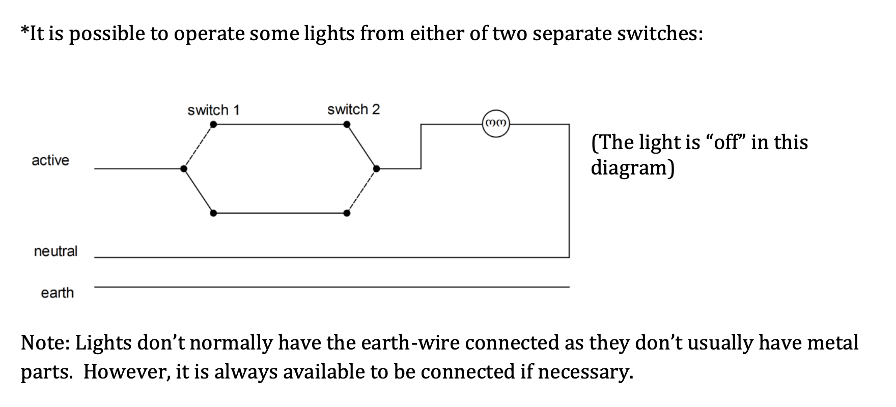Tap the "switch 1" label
point(213,110)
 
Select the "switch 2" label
point(353,109)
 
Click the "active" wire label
point(50,160)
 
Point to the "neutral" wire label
point(55,251)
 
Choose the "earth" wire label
point(57,293)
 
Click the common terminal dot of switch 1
point(184,168)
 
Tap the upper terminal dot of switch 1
point(213,124)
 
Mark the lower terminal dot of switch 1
point(213,213)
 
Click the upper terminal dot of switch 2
point(347,124)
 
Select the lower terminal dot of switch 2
point(347,213)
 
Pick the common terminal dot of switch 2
point(376,168)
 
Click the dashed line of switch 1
point(199,147)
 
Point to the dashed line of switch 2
point(361,191)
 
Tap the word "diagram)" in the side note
point(632,167)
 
